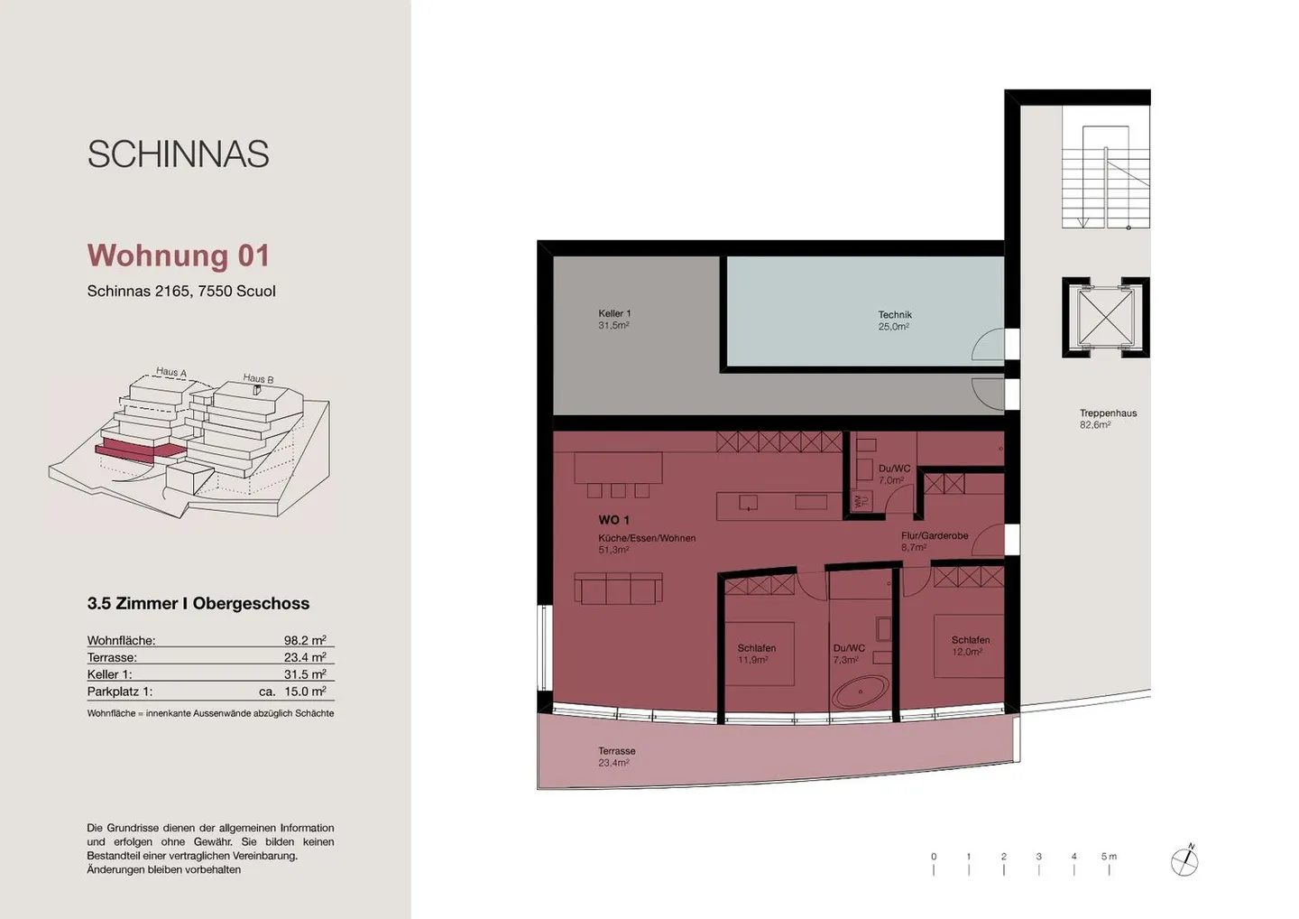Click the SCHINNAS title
tap(178, 154)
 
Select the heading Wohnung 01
tap(179, 255)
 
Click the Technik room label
tap(895, 320)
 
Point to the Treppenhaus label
tap(1108, 418)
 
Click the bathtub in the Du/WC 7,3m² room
tap(861, 692)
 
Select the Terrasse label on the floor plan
tap(616, 757)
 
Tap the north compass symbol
tap(1184, 862)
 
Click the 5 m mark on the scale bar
tap(1109, 861)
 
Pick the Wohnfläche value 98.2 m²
tap(305, 640)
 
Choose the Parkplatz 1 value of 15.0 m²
tap(304, 692)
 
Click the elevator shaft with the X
tap(1104, 317)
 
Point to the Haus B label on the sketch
tap(258, 379)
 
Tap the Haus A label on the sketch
tap(170, 372)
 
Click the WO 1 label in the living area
tap(614, 520)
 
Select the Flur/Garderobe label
tap(935, 540)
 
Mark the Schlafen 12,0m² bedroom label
tap(970, 645)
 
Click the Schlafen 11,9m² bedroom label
tap(756, 654)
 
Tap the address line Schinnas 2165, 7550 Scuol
tap(181, 292)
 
